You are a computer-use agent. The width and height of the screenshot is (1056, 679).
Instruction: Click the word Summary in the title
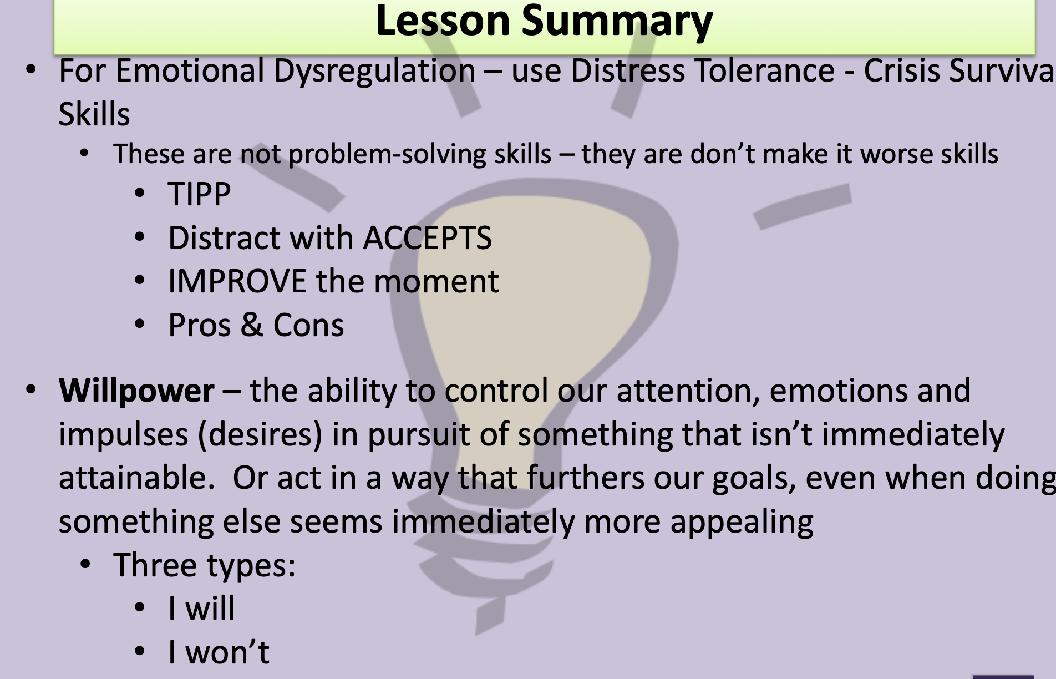click(617, 21)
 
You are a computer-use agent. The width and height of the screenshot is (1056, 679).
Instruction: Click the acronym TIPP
click(199, 194)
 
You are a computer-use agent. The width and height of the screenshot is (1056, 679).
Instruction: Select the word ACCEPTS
click(428, 238)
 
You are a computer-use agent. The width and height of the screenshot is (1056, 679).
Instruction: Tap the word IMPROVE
click(237, 281)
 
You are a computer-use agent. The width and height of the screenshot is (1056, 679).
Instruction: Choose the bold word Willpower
click(136, 391)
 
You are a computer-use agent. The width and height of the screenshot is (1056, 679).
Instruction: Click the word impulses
click(124, 435)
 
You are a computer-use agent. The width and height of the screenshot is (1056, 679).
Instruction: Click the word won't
click(227, 652)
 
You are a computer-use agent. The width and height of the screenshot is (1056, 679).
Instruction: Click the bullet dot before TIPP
click(140, 194)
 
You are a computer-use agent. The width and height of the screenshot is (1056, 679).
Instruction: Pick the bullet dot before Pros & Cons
click(140, 324)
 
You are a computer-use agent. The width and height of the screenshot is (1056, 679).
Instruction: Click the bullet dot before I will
click(140, 607)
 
